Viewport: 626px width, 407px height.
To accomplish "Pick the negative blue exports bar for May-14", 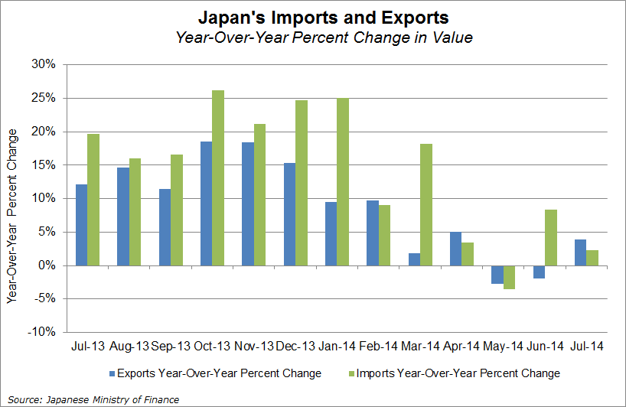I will tap(497, 275).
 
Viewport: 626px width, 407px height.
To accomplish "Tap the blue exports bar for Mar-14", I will tap(414, 259).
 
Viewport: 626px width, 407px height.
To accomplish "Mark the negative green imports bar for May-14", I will tap(510, 277).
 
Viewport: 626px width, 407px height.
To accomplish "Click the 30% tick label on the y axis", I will tap(44, 64).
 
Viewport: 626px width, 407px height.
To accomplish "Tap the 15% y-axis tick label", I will tap(44, 164).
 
